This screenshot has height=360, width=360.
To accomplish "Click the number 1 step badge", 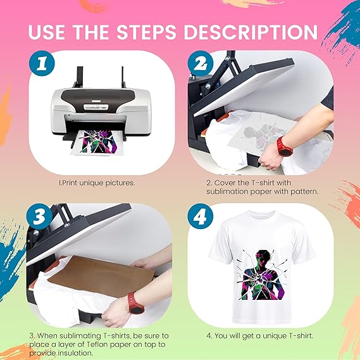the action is click(42, 63).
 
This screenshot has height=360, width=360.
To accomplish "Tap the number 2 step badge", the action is click(201, 63).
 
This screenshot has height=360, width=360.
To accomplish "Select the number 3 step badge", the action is click(39, 216).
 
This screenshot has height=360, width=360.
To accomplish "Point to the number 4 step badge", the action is click(200, 216).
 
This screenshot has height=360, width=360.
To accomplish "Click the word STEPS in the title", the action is click(147, 32).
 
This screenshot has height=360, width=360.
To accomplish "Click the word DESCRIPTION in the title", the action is click(251, 32).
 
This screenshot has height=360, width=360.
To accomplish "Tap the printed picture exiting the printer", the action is click(97, 142).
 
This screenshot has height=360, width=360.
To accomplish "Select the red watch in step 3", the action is click(136, 302).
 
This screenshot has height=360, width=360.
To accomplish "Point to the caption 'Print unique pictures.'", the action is click(97, 183).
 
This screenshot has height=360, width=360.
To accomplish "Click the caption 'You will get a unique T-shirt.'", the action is click(260, 336).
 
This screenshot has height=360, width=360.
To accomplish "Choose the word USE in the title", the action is click(46, 32).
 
